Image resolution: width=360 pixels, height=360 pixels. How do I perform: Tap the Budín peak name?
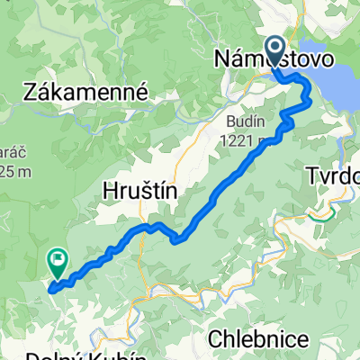pyautogui.click(x=246, y=121)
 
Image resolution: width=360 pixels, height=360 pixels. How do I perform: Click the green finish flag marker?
pyautogui.click(x=57, y=263)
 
